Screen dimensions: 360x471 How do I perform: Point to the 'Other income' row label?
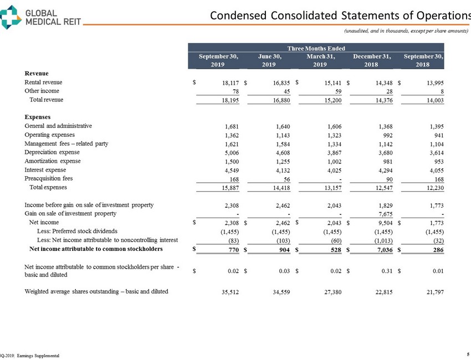pyautogui.click(x=42, y=91)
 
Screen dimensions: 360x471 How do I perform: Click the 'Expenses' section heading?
pyautogui.click(x=38, y=117)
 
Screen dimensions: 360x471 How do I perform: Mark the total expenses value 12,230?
pyautogui.click(x=433, y=188)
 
